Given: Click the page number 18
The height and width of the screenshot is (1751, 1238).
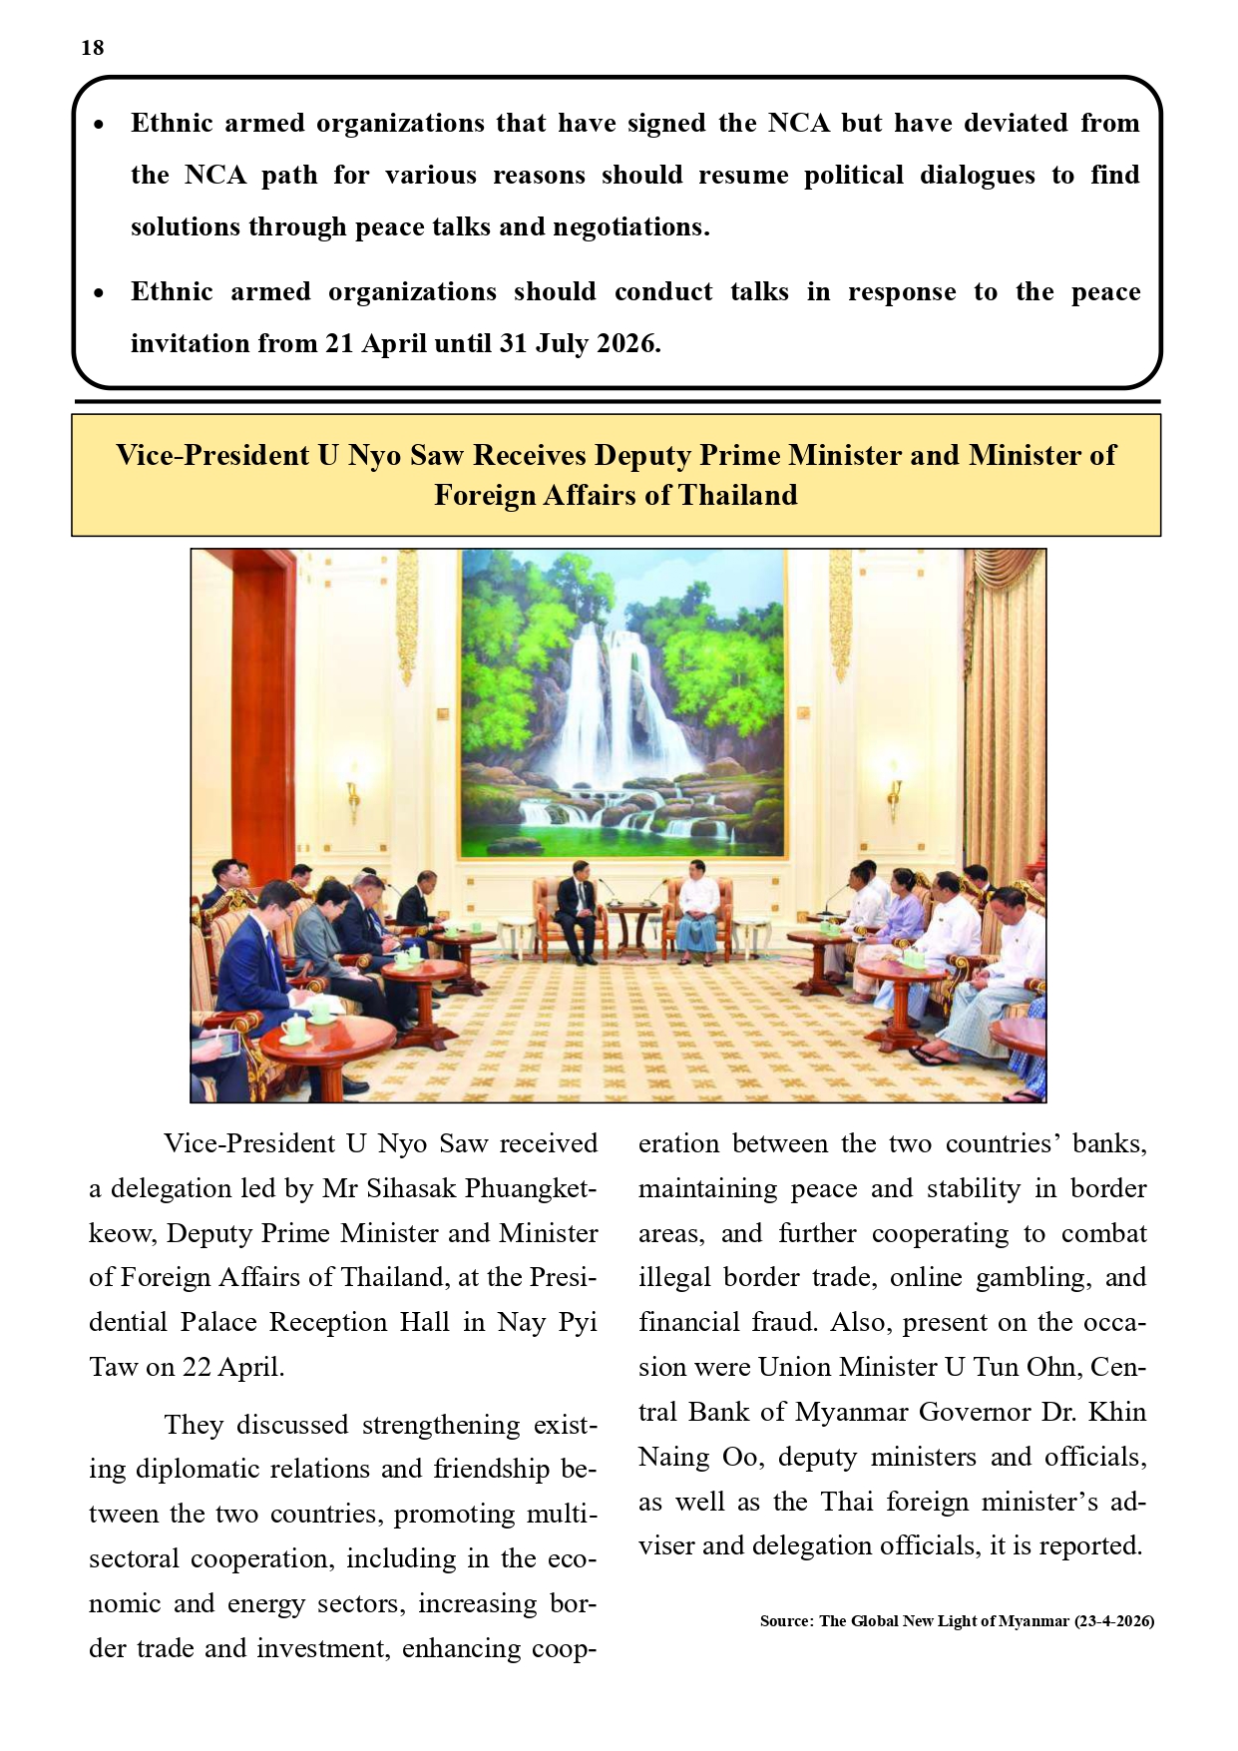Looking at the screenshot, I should coord(93,48).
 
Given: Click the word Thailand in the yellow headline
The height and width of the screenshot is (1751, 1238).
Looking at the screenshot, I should coord(738,496).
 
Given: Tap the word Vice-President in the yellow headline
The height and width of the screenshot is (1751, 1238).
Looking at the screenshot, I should coord(212,455).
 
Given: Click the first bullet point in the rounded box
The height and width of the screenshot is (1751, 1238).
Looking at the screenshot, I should coord(98,125).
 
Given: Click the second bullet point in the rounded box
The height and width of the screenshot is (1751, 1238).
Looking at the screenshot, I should coord(98,293).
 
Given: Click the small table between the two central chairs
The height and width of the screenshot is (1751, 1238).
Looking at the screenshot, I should coord(634,923).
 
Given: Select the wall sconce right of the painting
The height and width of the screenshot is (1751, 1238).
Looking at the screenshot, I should coord(894,788).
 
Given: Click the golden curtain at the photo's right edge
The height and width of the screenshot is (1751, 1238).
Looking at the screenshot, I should coord(1003,698).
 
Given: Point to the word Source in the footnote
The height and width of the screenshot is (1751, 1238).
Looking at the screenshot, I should coord(785,1621).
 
